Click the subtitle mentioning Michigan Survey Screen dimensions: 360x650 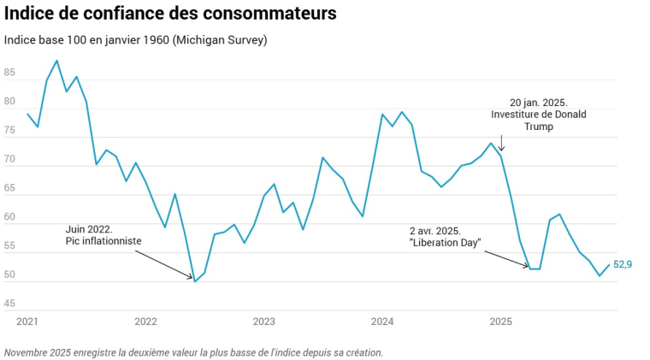[x=135, y=40]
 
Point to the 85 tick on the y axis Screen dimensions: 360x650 [x=9, y=74]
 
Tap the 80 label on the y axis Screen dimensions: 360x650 [x=9, y=103]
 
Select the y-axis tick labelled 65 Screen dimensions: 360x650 [x=9, y=189]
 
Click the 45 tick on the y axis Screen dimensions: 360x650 [x=9, y=304]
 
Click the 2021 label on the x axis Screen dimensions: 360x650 [x=27, y=322]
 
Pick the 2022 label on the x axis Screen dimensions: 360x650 [x=145, y=322]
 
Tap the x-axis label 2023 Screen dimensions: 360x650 [x=263, y=322]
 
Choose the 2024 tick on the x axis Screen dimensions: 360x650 [x=382, y=322]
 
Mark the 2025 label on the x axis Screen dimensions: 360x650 [x=500, y=322]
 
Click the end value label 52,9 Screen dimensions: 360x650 [x=623, y=265]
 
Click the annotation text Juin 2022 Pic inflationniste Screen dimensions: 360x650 [x=103, y=235]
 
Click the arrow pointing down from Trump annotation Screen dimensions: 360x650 [x=501, y=143]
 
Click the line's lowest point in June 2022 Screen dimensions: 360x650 [x=195, y=281]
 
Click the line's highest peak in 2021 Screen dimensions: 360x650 [x=56, y=61]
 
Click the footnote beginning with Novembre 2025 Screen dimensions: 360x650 [x=193, y=351]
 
